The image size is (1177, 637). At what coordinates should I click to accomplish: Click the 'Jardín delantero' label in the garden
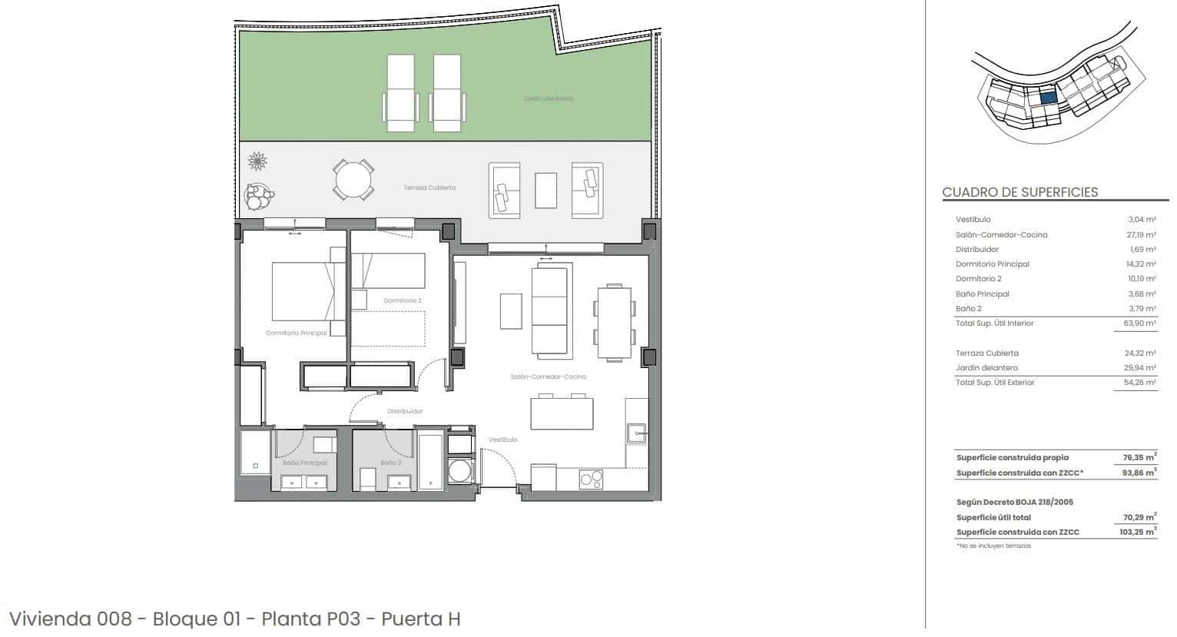point(549,98)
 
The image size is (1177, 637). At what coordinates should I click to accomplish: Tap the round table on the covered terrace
point(354,180)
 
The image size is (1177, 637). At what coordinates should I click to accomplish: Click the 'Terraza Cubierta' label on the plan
point(429,187)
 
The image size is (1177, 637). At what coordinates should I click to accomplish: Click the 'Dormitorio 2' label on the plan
point(402,300)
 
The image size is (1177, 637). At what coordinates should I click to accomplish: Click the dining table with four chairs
point(615,323)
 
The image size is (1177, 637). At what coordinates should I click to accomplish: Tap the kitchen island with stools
point(561,413)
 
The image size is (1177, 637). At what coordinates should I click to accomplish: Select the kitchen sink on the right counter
point(637,434)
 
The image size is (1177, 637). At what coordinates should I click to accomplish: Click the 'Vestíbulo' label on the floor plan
point(503,440)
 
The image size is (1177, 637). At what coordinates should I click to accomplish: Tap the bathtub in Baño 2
point(430,461)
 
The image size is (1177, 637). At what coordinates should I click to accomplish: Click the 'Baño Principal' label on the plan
point(304,463)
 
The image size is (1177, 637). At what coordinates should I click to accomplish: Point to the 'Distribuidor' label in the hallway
point(405,411)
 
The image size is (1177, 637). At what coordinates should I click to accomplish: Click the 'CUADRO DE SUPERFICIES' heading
point(1020,192)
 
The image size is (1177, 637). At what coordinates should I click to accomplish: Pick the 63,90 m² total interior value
point(1141,323)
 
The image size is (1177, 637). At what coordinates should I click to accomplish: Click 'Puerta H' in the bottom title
point(420,619)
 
